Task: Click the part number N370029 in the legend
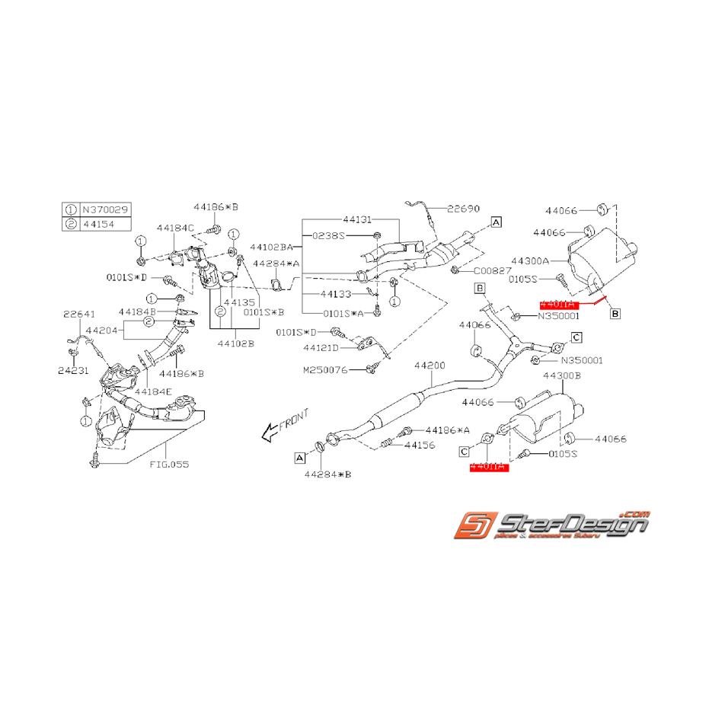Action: click(x=104, y=208)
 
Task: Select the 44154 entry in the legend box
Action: click(x=99, y=222)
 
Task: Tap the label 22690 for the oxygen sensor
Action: click(x=463, y=208)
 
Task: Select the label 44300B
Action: click(x=562, y=375)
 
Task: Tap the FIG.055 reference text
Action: click(x=169, y=463)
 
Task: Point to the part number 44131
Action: click(x=358, y=219)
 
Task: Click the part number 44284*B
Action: click(x=327, y=474)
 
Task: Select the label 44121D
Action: click(x=324, y=348)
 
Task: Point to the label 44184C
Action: click(x=176, y=227)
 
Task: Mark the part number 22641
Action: click(x=78, y=314)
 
